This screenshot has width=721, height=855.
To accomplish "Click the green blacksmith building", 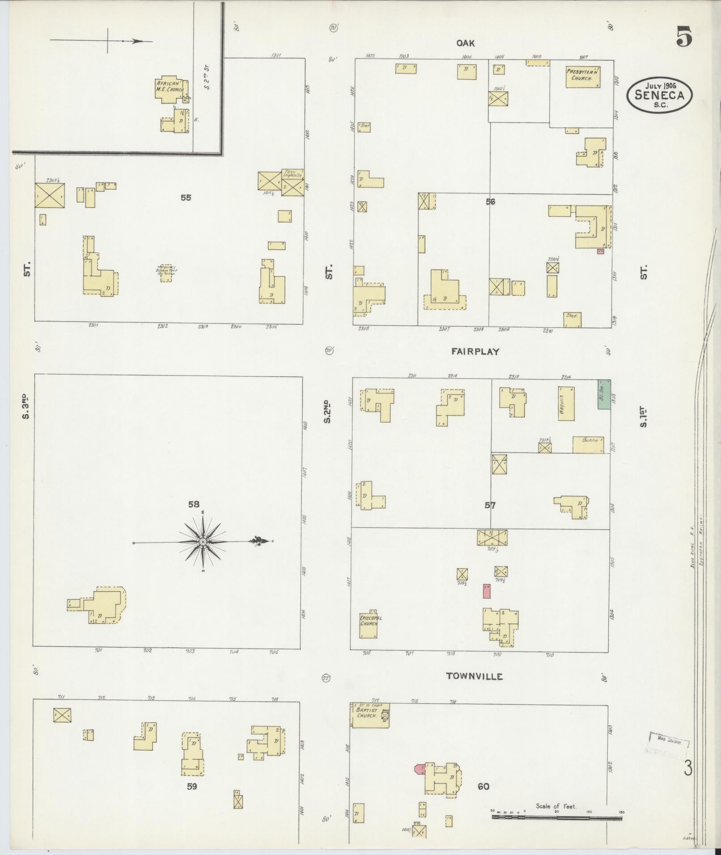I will (604, 394).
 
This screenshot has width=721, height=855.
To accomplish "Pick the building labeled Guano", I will (588, 444).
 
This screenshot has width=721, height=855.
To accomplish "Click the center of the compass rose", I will (203, 542).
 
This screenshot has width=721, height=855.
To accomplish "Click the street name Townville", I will (474, 689).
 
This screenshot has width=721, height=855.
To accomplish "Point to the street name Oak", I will (465, 43).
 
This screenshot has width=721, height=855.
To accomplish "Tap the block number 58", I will (194, 504).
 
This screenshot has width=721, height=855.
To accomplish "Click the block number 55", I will (186, 197).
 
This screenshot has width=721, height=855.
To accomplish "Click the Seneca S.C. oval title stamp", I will (660, 95).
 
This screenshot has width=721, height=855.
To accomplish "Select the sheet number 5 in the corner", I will (684, 36).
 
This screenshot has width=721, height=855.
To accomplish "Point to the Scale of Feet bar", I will (557, 818).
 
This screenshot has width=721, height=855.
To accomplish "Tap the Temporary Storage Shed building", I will (166, 273).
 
